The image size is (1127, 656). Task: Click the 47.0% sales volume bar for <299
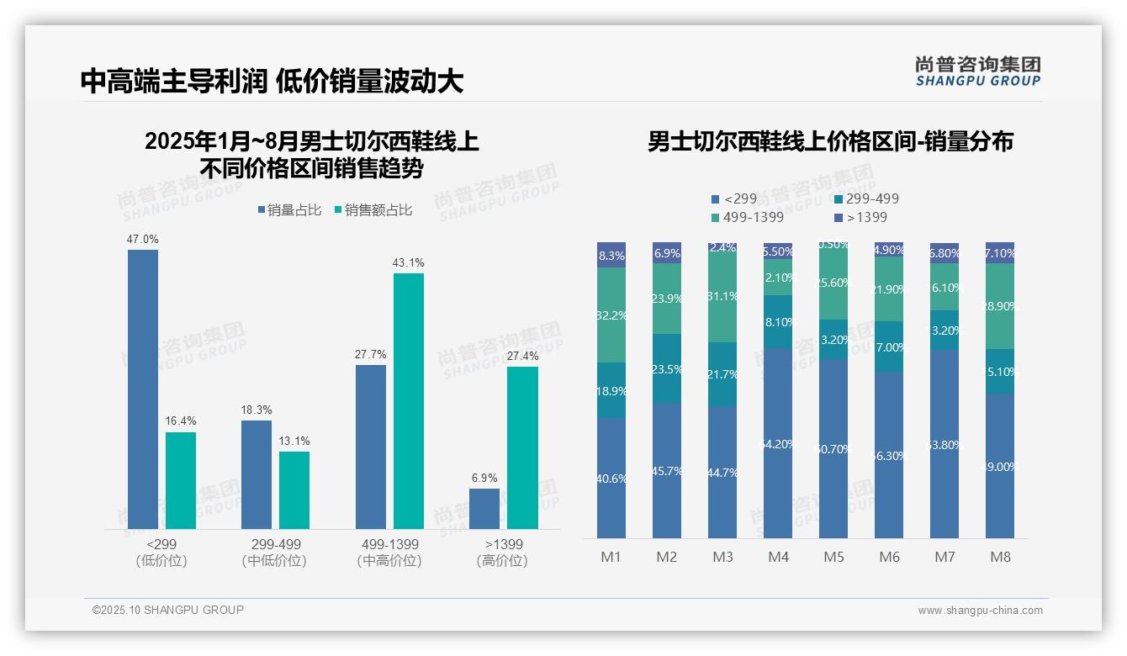pos(143,389)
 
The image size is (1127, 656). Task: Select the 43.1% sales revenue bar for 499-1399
pos(409,400)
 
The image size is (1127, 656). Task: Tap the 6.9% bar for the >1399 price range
pos(484,509)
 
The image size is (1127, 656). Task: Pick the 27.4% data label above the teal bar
pos(522,356)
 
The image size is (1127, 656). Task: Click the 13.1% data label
pos(294,441)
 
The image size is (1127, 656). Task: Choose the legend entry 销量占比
pos(288,210)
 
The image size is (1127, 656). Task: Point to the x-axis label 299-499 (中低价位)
pos(275,553)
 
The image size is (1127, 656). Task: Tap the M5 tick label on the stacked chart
pos(833,557)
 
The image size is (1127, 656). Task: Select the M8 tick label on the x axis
pos(1000,557)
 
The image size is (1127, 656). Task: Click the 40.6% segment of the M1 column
pos(611,478)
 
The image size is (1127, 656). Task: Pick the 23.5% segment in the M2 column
pos(667,368)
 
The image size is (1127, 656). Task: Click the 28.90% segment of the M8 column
pos(1000,306)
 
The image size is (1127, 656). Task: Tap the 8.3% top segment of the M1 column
pos(611,255)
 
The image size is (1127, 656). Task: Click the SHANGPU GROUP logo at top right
pos(977,71)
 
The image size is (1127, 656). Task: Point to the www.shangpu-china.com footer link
pos(980,611)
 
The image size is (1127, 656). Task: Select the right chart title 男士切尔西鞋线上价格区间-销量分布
pos(830,141)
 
